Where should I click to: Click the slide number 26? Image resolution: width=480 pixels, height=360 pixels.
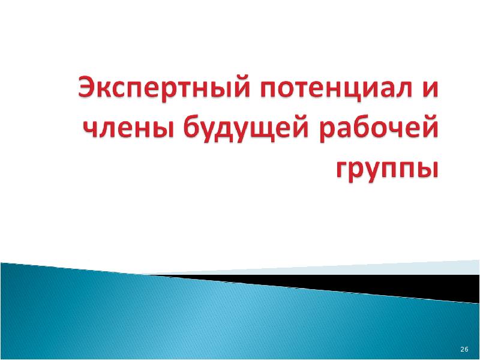point(464,349)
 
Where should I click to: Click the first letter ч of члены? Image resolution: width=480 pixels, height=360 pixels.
point(92,129)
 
